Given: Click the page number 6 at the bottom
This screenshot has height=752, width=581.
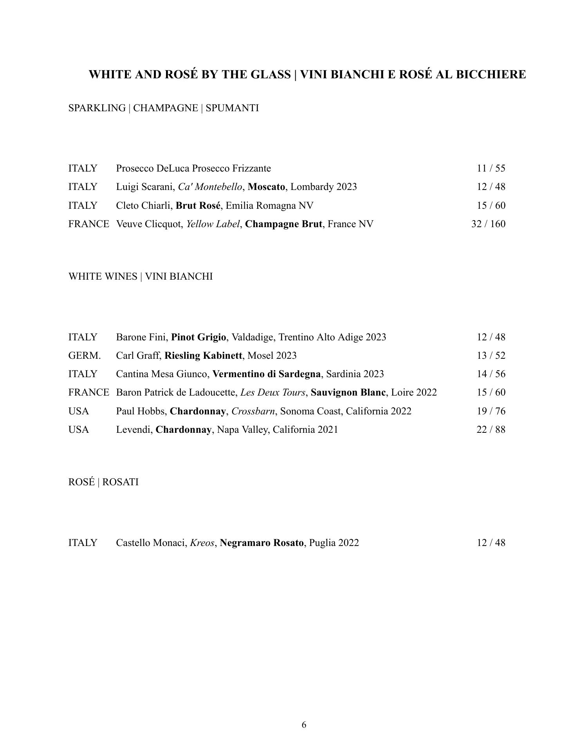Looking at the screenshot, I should click(x=304, y=725).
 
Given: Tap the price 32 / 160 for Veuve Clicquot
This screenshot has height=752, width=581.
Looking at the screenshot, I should click(x=488, y=224).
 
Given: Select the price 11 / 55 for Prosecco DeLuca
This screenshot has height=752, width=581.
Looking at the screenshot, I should click(x=491, y=168).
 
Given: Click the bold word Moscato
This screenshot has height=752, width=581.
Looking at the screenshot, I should click(x=266, y=187).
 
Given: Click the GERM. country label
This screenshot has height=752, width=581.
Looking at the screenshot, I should click(x=84, y=356).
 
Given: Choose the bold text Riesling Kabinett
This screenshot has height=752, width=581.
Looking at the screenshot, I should click(x=203, y=356).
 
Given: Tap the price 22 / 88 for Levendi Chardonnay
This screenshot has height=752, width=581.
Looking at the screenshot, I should click(x=491, y=430).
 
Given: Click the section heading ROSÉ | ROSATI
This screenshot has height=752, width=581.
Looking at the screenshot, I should click(x=103, y=482).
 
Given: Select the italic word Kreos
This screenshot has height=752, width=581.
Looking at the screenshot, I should click(x=202, y=543).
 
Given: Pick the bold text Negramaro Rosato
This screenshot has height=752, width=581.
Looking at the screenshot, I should click(x=262, y=543).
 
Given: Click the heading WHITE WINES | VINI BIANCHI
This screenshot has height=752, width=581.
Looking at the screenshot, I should click(x=141, y=277).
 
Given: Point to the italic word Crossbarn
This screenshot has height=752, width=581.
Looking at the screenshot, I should click(x=253, y=411).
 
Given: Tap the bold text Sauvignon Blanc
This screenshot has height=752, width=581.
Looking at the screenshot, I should click(x=348, y=392).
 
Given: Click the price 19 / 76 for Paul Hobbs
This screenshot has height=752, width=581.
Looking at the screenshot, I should click(x=491, y=411).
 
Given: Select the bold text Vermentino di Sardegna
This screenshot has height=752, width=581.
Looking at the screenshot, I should click(x=266, y=374).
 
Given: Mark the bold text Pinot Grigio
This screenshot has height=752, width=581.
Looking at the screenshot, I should click(x=198, y=337).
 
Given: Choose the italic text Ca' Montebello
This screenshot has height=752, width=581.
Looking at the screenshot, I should click(x=210, y=187).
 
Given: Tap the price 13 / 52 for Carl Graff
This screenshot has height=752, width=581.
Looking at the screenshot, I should click(x=491, y=356).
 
